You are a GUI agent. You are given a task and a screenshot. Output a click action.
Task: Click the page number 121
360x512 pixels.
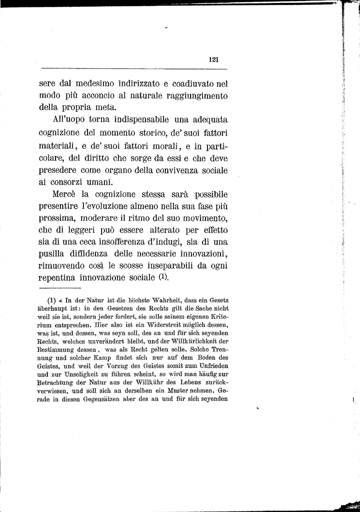click(214, 59)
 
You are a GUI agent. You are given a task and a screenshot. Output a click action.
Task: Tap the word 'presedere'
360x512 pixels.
click(57, 170)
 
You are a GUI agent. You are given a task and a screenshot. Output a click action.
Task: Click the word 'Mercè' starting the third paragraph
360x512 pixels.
click(64, 194)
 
